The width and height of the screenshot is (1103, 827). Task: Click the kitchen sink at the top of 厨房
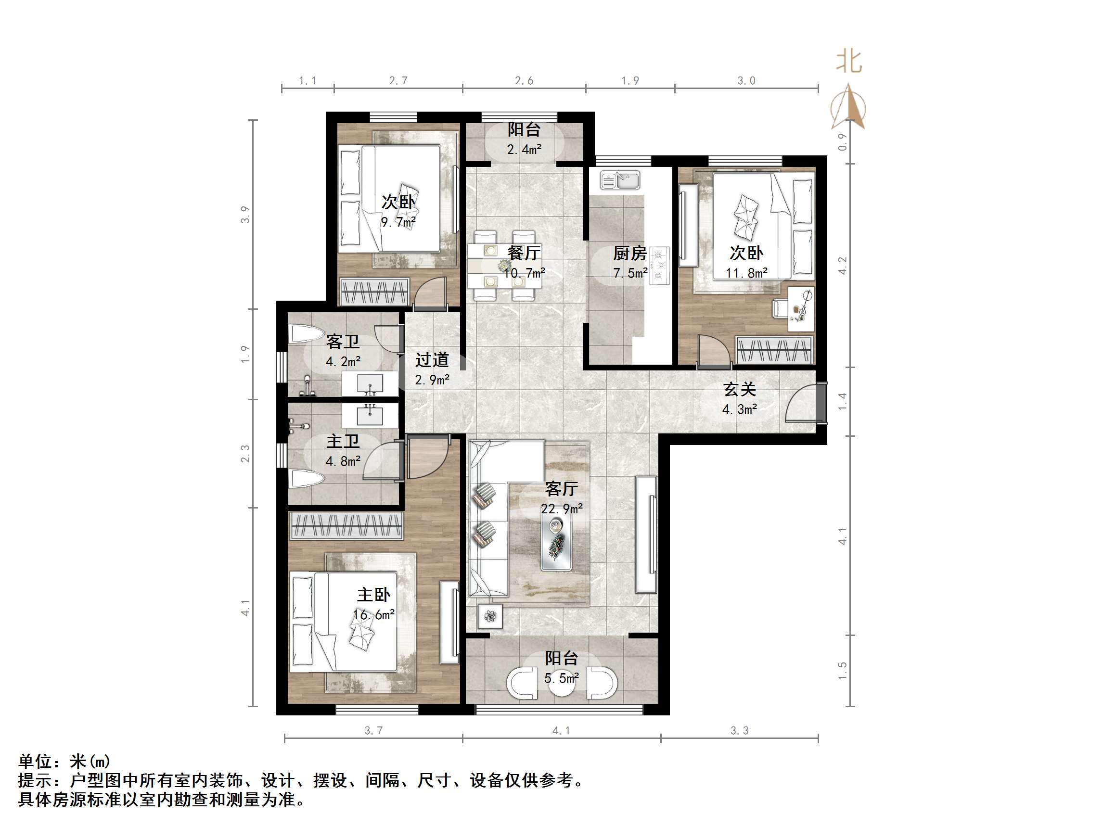(620, 180)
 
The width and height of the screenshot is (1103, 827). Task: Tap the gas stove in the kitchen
(660, 266)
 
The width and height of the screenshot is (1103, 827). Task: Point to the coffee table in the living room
(556, 543)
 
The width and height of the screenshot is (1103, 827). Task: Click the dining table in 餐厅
(504, 266)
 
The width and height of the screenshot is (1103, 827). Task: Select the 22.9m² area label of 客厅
(562, 509)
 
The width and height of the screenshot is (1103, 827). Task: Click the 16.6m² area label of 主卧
(373, 615)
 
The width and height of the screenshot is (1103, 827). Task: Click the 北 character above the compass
(849, 63)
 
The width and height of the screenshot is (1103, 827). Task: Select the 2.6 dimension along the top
(524, 80)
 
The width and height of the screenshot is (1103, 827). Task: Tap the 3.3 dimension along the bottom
(740, 731)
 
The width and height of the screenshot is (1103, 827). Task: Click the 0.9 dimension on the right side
(842, 142)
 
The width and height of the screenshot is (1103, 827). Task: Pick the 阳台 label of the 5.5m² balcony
(561, 658)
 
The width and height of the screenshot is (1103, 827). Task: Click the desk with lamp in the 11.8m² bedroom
(801, 308)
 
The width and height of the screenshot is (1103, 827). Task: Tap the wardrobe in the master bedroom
(346, 525)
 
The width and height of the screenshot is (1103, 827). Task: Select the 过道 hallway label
(432, 359)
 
